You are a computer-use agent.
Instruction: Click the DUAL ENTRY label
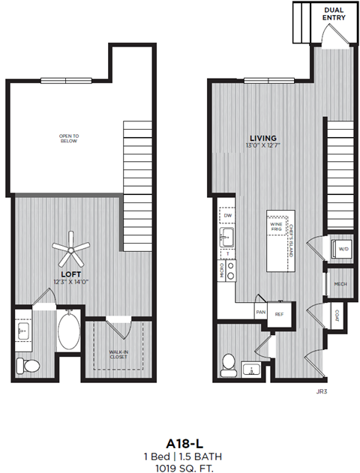(x=334, y=13)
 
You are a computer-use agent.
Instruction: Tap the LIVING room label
(x=263, y=138)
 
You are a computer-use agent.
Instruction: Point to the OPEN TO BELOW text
(x=69, y=138)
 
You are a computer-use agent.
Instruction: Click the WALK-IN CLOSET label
(x=117, y=355)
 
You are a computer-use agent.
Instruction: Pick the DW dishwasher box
(x=228, y=216)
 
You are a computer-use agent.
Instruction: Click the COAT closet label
(x=338, y=316)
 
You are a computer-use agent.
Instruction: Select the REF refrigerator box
(x=279, y=315)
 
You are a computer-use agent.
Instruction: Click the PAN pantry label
(x=260, y=312)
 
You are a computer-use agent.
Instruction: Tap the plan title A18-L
(x=180, y=442)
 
